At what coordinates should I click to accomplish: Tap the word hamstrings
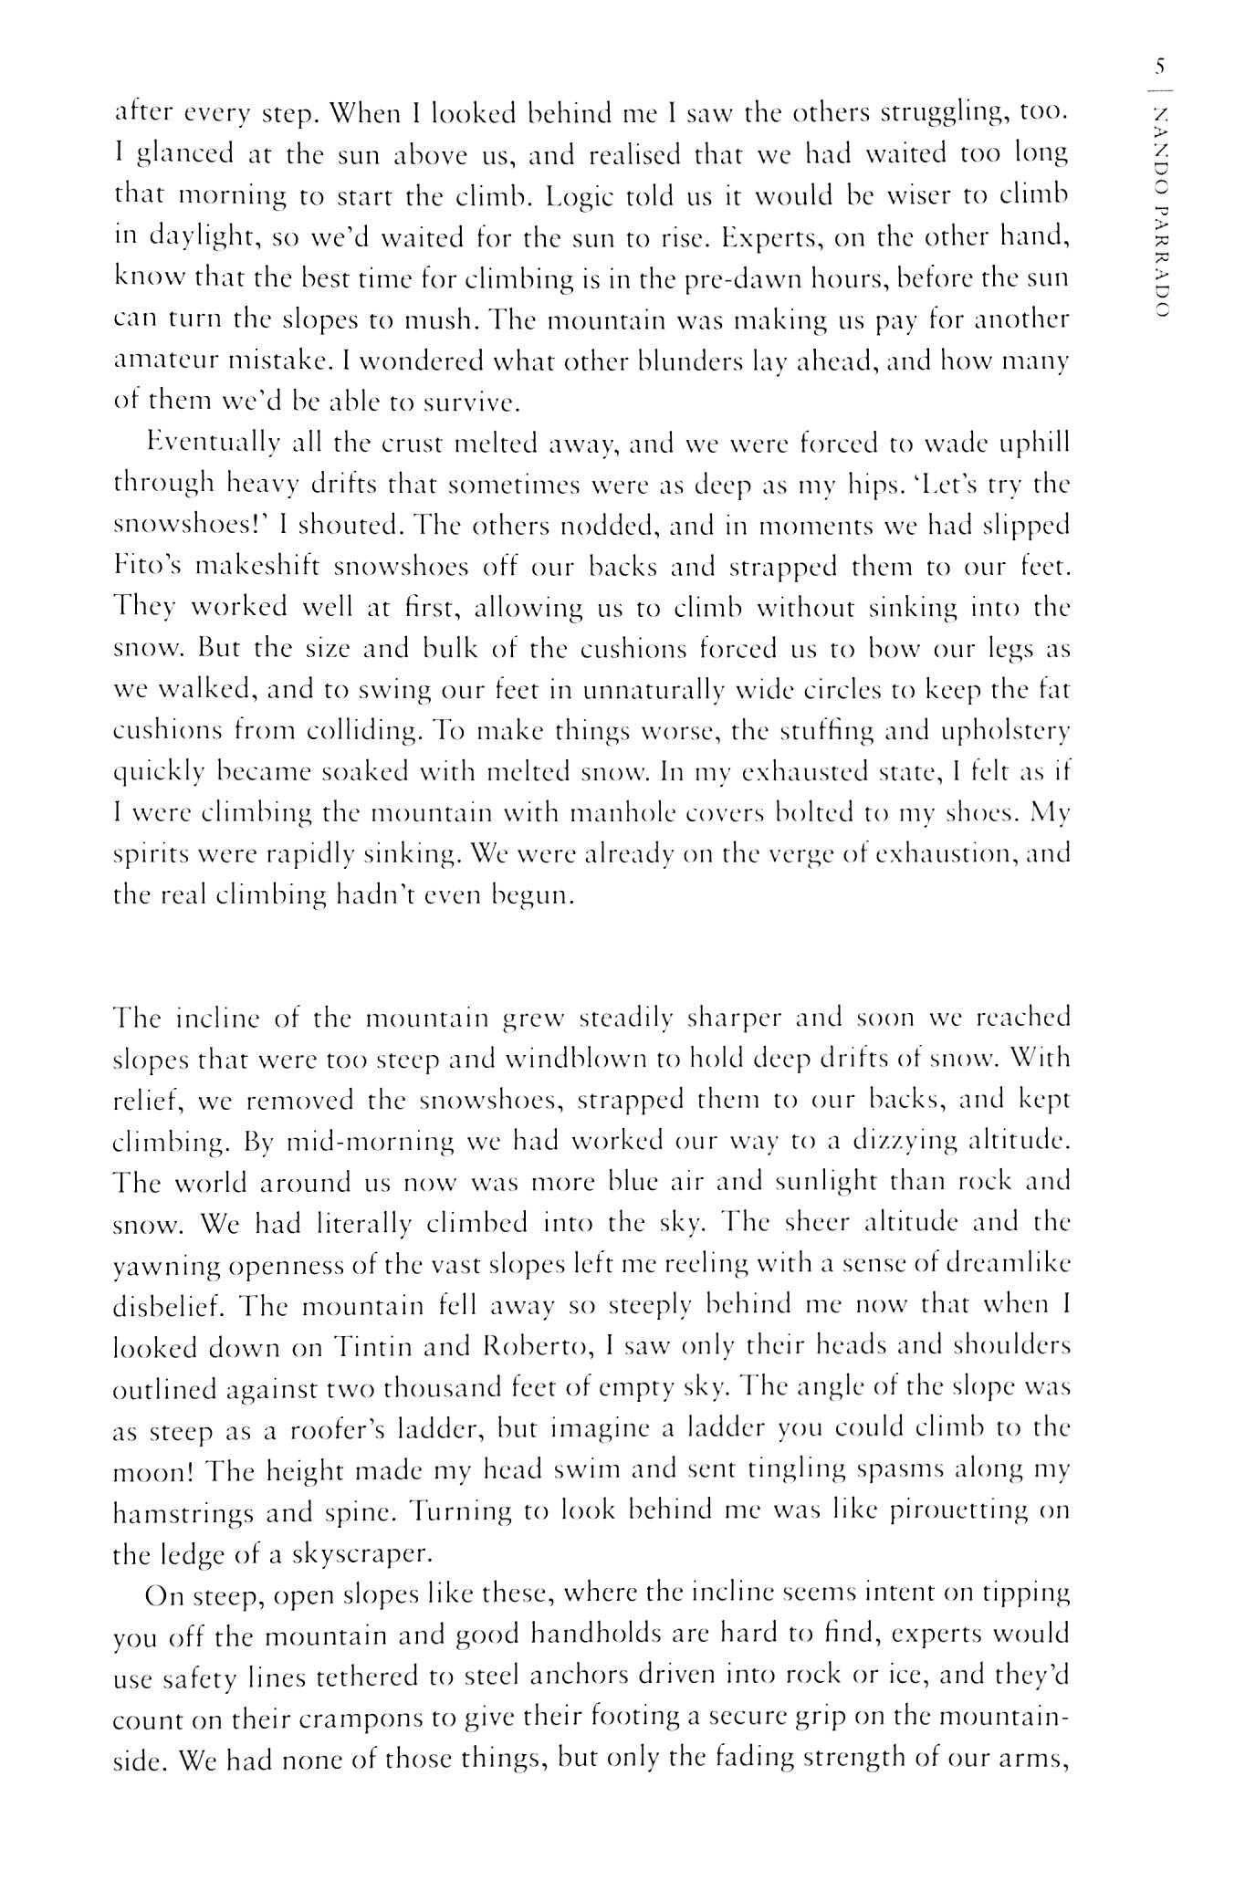[x=182, y=1513]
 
